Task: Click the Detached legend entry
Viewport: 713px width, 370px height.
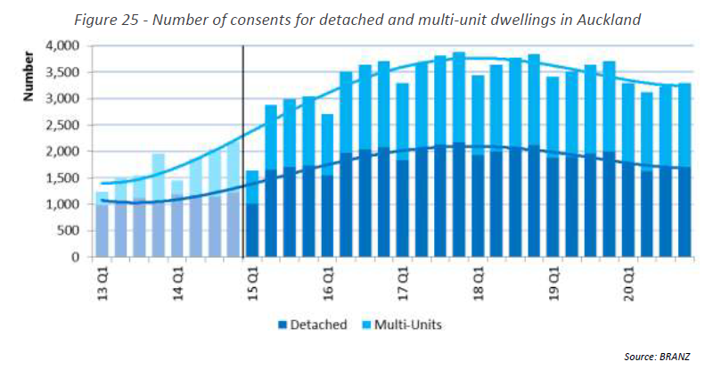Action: (311, 325)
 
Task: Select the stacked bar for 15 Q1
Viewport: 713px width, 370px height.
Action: (252, 214)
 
